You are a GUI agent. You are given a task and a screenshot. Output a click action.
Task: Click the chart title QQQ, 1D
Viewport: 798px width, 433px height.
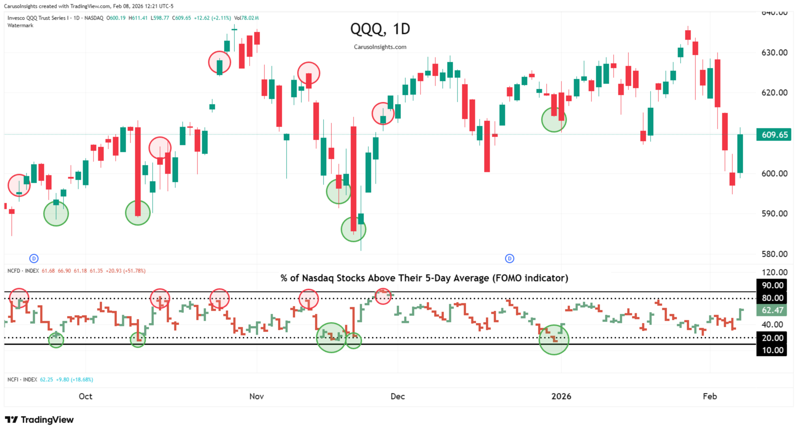coord(380,29)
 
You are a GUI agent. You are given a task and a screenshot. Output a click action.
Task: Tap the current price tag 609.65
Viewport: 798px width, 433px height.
coord(774,135)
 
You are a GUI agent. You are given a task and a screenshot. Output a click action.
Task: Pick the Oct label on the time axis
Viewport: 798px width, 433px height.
coord(86,396)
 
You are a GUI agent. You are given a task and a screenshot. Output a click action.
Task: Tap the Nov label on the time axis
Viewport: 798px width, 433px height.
coord(257,396)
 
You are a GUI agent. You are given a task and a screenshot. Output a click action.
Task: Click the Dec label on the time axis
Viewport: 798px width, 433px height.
coord(397,396)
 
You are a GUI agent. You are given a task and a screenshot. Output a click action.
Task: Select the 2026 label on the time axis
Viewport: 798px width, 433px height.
coord(561,396)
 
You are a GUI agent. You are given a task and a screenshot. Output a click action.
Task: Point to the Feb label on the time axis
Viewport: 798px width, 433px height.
coord(710,396)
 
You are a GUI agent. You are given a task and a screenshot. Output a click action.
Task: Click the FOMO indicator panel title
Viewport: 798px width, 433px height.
coord(424,278)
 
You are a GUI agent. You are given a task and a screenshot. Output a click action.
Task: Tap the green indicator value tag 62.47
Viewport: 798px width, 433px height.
coord(772,311)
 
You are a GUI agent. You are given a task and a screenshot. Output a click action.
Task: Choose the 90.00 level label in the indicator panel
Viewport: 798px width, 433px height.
coord(772,286)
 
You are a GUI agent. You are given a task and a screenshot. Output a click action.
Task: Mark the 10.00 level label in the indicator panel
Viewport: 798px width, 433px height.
coord(772,350)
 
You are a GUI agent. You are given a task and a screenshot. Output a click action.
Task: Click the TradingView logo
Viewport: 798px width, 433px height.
coord(39,420)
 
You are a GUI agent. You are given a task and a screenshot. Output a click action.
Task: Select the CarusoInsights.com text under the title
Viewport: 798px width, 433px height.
coord(380,47)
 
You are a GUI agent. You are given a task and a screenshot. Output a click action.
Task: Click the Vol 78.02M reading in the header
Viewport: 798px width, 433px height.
coord(247,18)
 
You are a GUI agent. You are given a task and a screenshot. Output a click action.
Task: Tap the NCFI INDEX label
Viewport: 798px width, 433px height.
coord(22,380)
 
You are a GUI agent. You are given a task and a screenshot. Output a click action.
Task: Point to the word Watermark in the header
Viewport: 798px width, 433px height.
coord(20,26)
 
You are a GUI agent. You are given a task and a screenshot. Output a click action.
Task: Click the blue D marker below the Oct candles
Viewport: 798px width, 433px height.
coord(34,258)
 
